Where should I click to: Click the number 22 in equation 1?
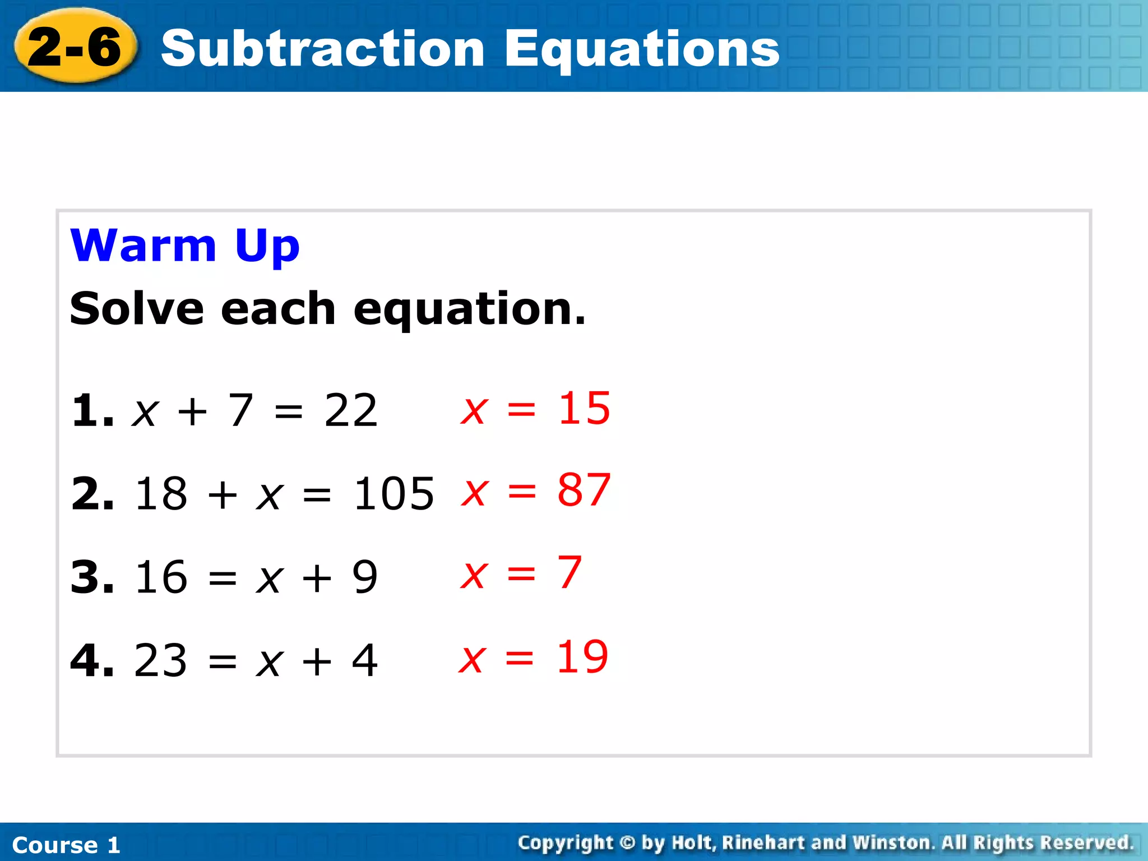click(x=351, y=410)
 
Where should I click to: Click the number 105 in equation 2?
click(x=394, y=494)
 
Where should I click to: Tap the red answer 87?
click(x=584, y=490)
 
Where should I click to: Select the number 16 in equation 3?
click(x=161, y=577)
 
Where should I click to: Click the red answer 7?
click(x=570, y=572)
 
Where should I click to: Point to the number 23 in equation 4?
click(x=160, y=660)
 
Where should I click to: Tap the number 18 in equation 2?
click(x=161, y=494)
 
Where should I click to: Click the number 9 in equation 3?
click(x=365, y=577)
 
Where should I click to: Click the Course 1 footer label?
click(x=66, y=845)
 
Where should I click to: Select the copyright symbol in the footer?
click(x=628, y=843)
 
